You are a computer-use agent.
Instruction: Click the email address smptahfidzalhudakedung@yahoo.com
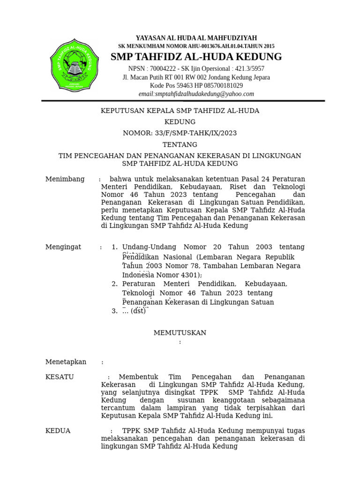point(196,94)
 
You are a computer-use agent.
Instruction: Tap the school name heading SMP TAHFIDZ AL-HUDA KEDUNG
point(196,57)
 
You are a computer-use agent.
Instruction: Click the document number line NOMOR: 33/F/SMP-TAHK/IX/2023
point(180,133)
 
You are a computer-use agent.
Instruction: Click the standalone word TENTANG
point(180,144)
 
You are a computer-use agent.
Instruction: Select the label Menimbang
point(65,179)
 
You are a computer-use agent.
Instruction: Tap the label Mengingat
point(63,247)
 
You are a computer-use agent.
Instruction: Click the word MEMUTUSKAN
point(180,333)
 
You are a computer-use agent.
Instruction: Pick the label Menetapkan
point(66,362)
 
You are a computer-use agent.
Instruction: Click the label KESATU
point(60,377)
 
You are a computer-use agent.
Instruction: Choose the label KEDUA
point(58,431)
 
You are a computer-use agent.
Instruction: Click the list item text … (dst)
point(135,311)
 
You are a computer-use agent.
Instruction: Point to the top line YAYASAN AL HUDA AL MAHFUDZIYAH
point(196,38)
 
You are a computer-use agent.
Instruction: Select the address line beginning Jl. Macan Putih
point(196,77)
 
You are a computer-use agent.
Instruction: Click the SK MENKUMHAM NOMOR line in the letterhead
point(196,46)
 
